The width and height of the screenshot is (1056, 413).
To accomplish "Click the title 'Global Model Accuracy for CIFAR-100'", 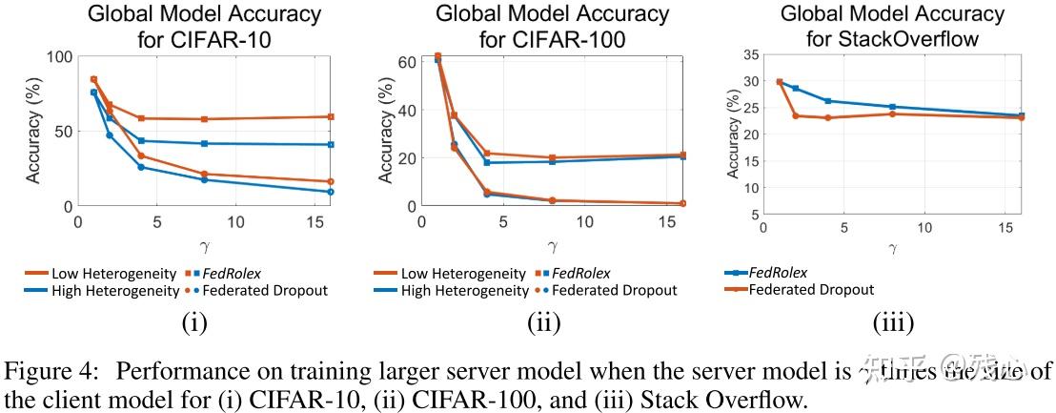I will pos(552,27).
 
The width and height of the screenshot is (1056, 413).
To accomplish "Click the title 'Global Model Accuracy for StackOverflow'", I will pos(892,27).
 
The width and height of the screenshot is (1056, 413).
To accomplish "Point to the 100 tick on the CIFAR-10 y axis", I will pos(59,56).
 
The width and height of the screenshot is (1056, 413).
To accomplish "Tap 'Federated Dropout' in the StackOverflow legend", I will pos(813,290).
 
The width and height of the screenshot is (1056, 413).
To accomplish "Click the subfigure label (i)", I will pos(193,322).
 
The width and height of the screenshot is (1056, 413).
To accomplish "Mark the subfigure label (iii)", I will pos(893,322).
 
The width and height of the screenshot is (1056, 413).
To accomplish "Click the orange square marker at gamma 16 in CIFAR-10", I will pos(331,116).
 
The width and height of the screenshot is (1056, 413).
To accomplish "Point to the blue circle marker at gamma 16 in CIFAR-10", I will pos(331,192).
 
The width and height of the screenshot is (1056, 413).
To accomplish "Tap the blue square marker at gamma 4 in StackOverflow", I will pos(827,101).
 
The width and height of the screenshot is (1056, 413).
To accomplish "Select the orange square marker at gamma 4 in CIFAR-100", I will pos(487,154).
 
